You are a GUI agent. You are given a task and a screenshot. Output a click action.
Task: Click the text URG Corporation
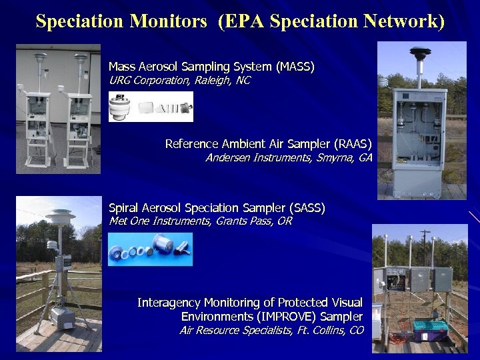point(149,81)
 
